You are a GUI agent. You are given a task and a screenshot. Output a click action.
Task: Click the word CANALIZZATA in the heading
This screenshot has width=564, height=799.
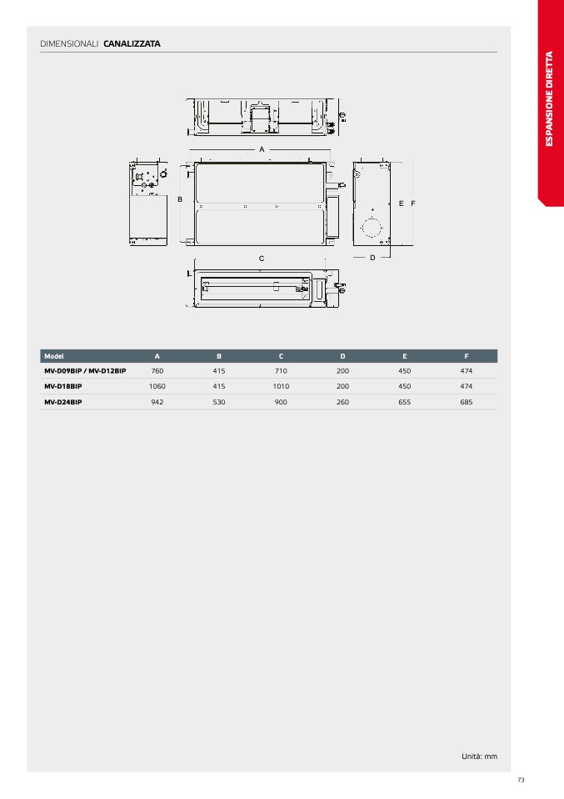click(132, 44)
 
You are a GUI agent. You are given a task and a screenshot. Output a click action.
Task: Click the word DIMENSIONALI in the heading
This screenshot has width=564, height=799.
click(69, 44)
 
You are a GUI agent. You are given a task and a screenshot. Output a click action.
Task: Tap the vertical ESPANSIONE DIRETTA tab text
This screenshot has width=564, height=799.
click(549, 98)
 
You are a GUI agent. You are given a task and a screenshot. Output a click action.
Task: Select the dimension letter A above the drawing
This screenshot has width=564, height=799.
click(262, 149)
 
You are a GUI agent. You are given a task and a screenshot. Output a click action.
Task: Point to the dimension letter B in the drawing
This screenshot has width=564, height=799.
click(180, 199)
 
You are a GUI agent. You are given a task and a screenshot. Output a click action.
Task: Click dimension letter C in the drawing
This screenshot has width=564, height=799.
click(262, 259)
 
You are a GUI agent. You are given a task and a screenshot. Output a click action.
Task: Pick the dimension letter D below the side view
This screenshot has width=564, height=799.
click(372, 258)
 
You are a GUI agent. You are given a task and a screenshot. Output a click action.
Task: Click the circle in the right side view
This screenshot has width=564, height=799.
click(372, 227)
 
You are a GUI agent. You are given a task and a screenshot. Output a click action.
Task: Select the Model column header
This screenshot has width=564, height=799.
click(54, 356)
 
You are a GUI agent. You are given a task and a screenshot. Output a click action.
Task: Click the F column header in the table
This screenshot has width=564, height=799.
click(467, 356)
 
